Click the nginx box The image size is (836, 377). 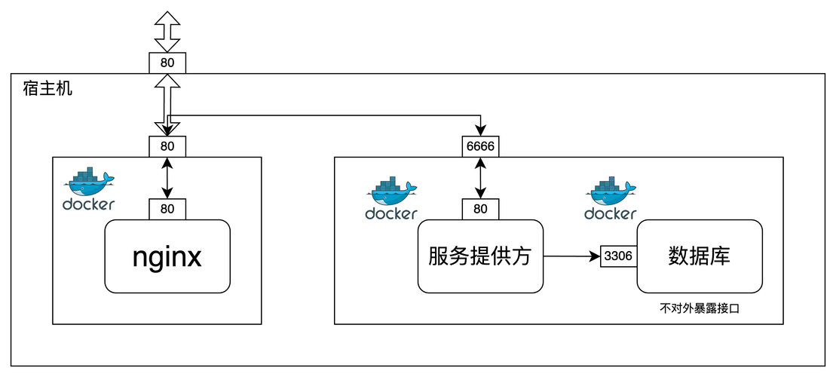[167, 256]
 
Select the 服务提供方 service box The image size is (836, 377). [480, 256]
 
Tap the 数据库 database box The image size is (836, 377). [699, 256]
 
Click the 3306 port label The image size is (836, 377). [618, 256]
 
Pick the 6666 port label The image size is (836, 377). [480, 146]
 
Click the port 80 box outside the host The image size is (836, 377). [167, 63]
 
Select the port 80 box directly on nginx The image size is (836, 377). [167, 210]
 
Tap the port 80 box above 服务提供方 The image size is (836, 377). [480, 210]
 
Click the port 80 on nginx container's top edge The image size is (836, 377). [167, 146]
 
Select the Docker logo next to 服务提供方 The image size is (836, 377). [391, 192]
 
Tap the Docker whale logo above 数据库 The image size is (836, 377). [610, 192]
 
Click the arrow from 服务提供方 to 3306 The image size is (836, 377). [571, 256]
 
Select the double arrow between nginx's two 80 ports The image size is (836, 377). [167, 178]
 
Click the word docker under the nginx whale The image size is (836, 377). [89, 204]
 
